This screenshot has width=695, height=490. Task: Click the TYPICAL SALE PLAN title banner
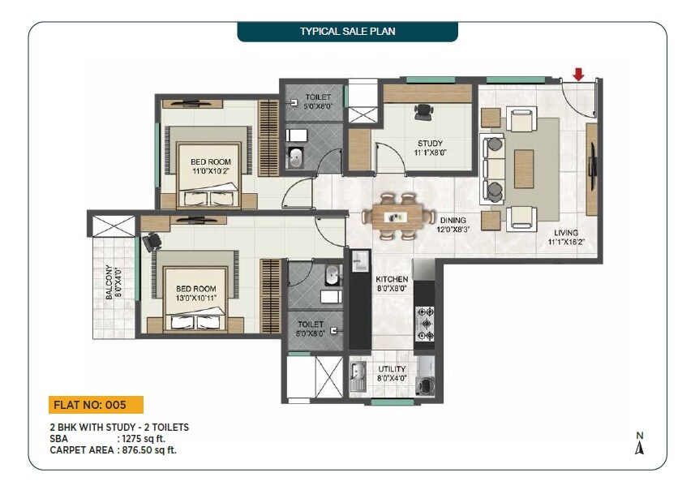tap(347, 32)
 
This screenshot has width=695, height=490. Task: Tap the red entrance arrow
tap(577, 75)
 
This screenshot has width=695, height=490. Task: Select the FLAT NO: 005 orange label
tap(96, 404)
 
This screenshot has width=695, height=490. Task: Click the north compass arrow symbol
tap(639, 447)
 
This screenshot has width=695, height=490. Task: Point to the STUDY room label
tap(431, 144)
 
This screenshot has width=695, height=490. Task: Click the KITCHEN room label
tap(392, 278)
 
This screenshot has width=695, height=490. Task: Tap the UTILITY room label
tap(392, 369)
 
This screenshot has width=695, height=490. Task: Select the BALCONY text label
tap(109, 285)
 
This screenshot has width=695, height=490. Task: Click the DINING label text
tap(453, 220)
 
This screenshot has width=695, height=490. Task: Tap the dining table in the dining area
tap(396, 217)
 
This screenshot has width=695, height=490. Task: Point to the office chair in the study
tap(422, 113)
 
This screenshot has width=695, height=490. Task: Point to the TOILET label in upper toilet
tap(317, 97)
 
